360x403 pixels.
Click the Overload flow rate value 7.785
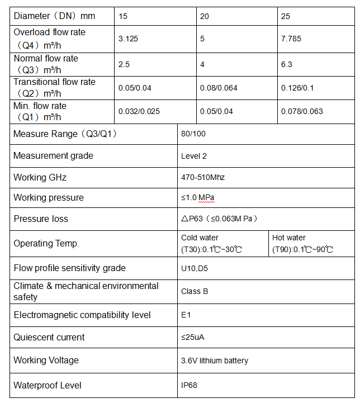pos(291,40)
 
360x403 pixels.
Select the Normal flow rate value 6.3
pos(286,64)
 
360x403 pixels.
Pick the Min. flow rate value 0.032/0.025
pos(139,111)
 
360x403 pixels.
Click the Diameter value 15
pos(123,17)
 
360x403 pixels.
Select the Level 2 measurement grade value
pos(194,156)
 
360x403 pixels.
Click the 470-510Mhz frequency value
pos(203,177)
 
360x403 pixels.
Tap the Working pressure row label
pos(49,198)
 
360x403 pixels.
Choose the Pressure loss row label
pos(41,219)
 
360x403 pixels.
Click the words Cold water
pos(200,238)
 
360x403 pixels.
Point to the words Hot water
pos(289,238)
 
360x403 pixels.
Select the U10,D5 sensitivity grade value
pos(193,268)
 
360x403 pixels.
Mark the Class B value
pos(195,291)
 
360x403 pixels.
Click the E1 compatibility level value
pos(186,315)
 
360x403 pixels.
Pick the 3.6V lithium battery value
pos(215,361)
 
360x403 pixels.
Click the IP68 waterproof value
pos(189,385)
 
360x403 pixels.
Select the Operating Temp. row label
pos(46,244)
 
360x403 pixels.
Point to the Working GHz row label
pos(40,178)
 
